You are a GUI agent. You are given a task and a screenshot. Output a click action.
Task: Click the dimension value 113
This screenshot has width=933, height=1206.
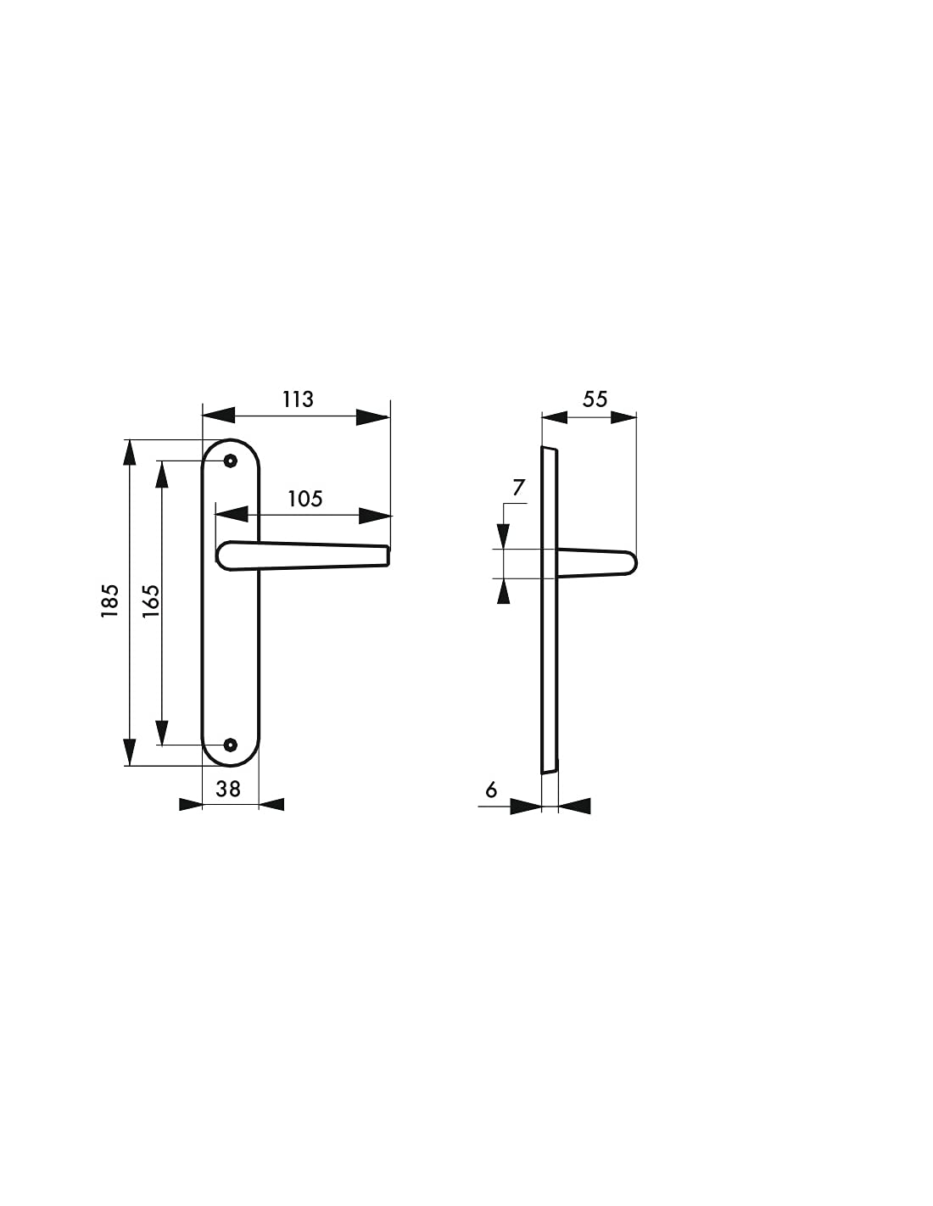tap(298, 399)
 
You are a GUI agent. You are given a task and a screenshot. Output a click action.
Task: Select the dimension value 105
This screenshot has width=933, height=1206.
tap(304, 499)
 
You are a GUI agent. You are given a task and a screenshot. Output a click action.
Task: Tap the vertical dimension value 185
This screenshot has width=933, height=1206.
tap(110, 600)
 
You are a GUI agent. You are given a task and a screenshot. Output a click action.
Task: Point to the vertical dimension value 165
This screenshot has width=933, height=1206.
tap(150, 601)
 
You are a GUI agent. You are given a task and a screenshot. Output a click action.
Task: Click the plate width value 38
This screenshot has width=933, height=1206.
tap(228, 789)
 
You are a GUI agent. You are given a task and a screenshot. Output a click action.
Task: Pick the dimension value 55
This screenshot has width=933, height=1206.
tap(595, 399)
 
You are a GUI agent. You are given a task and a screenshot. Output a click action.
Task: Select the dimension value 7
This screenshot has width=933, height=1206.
tap(518, 488)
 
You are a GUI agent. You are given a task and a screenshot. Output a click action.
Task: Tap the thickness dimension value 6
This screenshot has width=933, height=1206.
tap(491, 790)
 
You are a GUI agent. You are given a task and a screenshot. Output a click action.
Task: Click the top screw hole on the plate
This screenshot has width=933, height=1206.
tap(231, 461)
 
